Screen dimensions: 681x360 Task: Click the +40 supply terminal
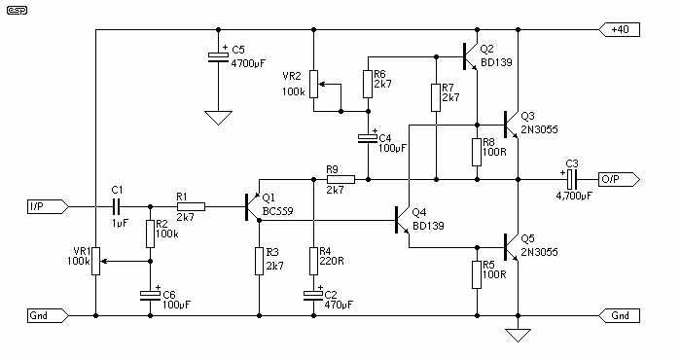click(x=619, y=29)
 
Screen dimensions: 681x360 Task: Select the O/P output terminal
click(x=619, y=179)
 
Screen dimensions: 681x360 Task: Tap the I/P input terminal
click(x=48, y=206)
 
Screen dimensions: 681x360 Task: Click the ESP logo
click(x=17, y=10)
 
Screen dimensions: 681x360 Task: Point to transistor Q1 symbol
click(x=253, y=206)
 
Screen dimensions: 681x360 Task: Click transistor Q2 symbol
click(x=470, y=56)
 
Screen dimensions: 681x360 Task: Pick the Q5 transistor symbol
click(x=511, y=247)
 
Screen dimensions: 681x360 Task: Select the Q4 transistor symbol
click(x=402, y=220)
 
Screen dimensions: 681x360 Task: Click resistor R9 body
click(x=340, y=179)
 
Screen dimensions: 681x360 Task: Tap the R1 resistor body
click(x=191, y=206)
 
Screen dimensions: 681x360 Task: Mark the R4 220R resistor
click(x=313, y=261)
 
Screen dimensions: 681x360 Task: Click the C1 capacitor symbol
click(x=116, y=206)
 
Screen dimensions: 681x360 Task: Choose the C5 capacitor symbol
click(x=218, y=56)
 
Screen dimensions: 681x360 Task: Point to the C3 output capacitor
click(x=572, y=179)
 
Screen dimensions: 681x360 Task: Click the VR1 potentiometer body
click(x=96, y=261)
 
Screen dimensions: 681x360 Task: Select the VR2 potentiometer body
click(x=314, y=85)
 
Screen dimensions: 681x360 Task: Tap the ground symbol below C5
click(x=218, y=118)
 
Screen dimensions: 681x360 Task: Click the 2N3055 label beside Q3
click(x=539, y=129)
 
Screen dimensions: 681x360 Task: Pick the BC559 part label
click(x=277, y=211)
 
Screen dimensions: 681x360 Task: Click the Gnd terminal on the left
click(x=48, y=315)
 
